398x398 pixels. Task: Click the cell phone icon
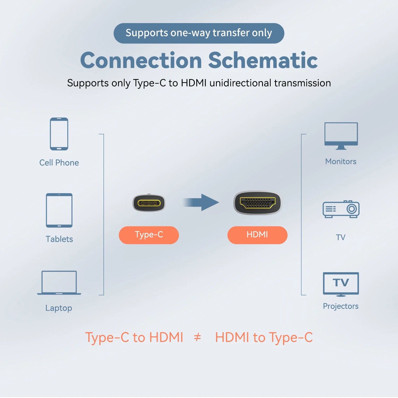coord(59,134)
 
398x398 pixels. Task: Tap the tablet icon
coord(59,210)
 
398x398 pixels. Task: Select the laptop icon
coord(59,283)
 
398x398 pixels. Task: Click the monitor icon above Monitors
coord(341,135)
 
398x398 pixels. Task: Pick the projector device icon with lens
coord(341,209)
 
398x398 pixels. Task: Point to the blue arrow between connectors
coord(202,202)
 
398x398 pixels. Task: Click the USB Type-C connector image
coord(149,203)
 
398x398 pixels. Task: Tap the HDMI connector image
coord(257,203)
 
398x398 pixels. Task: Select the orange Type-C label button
coord(149,235)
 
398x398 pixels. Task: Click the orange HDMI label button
coord(257,235)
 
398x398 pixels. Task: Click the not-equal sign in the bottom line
coord(197,338)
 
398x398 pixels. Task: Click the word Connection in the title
coord(141,60)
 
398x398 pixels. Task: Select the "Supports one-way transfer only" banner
coord(199,33)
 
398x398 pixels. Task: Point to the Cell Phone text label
coord(59,163)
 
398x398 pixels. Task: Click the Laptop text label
coord(59,308)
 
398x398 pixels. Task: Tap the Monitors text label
coord(341,161)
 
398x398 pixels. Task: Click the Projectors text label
coord(341,306)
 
